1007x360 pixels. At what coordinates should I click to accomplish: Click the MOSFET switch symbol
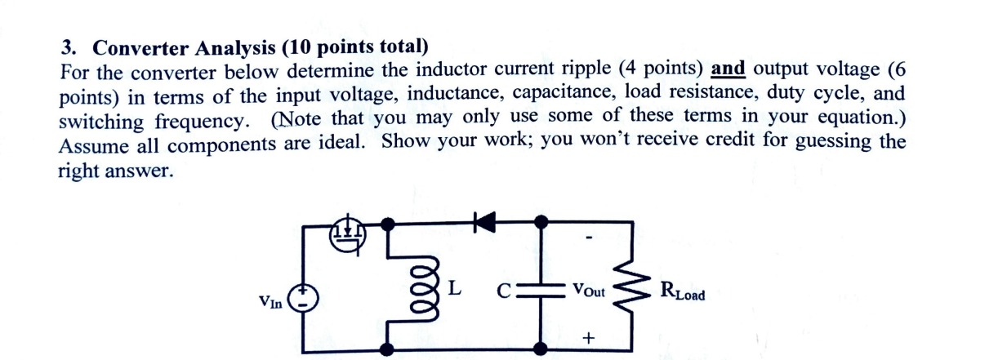348,233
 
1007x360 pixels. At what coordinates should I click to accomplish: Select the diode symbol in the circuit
488,220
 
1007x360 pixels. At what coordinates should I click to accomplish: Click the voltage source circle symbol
305,298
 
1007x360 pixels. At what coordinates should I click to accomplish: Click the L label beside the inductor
456,287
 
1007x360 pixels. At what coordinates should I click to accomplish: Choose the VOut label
588,289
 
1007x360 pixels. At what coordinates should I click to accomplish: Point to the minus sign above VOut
589,239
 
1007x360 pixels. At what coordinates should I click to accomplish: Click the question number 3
66,47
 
